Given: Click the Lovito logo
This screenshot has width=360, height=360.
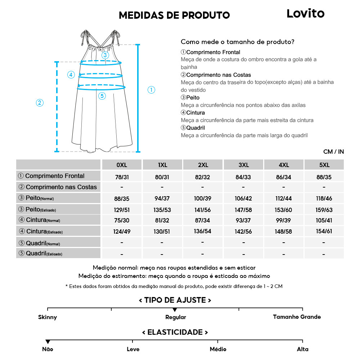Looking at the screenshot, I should (305, 14).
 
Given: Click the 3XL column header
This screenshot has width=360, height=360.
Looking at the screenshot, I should (243, 165).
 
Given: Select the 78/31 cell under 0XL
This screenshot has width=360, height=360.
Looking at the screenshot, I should (122, 177).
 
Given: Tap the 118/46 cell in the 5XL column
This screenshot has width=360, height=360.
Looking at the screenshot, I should (324, 198).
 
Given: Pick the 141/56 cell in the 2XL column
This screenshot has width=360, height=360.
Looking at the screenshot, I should (203, 210).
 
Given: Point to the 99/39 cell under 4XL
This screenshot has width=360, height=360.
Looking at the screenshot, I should (284, 220).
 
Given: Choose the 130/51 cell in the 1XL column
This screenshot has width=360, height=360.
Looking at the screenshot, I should (162, 231).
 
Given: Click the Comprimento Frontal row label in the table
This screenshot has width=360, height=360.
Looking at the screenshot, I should (55, 176).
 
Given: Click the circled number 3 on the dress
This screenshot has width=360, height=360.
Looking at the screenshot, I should (105, 55).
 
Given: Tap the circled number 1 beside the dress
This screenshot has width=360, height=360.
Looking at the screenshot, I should (152, 90).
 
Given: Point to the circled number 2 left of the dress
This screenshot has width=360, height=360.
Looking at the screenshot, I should (40, 103).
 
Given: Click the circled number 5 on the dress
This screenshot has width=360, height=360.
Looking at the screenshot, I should (102, 96).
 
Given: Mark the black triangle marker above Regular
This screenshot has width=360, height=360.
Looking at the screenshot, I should (175, 310).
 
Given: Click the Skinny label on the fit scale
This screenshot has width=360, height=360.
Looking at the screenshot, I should (48, 317).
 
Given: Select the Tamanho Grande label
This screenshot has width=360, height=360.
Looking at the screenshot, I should (297, 317).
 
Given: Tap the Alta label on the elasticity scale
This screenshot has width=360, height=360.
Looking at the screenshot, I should (302, 349).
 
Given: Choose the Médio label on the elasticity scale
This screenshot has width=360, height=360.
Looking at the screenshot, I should (218, 349).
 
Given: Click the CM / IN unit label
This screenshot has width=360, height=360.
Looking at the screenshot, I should (333, 152).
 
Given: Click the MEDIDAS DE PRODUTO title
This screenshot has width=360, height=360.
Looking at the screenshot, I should (174, 15).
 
